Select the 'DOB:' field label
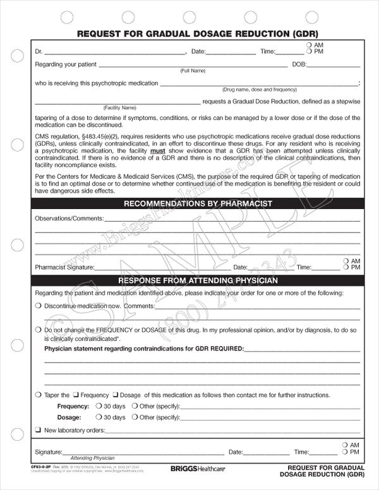[300, 64]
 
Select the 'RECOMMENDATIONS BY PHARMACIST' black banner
[198, 203]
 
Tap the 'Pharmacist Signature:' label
[64, 267]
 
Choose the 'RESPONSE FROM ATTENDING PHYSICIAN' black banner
[198, 280]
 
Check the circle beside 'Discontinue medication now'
[39, 306]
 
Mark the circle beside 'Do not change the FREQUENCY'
[39, 330]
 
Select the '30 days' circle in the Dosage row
[99, 417]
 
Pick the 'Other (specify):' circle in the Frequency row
[135, 407]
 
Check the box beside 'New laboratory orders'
[39, 431]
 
